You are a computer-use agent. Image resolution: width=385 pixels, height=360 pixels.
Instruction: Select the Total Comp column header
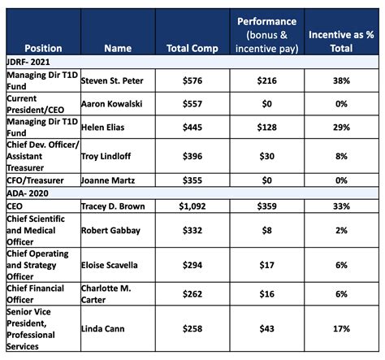coord(189,48)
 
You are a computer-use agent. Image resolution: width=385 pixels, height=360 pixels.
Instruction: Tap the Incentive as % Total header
coord(340,41)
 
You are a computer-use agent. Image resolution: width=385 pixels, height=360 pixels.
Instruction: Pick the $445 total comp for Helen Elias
coord(189,128)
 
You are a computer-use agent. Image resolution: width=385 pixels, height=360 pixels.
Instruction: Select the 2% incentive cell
coord(340,231)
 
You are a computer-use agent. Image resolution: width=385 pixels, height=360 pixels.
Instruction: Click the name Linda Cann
coord(102,328)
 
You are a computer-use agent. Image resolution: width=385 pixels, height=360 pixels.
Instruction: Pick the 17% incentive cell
coord(340,328)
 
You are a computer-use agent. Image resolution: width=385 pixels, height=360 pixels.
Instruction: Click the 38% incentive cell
coord(340,80)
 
